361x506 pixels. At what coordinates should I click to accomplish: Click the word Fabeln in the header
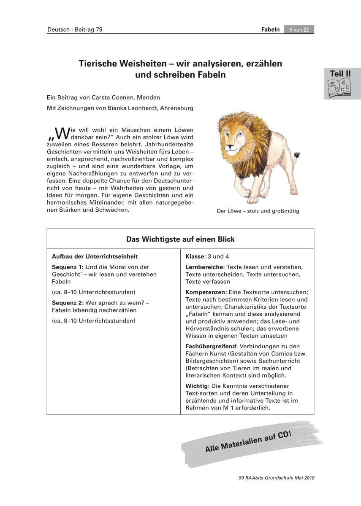click(271, 30)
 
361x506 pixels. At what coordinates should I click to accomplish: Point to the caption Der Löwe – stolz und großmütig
click(258, 211)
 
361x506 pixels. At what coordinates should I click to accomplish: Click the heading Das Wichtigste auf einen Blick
click(180, 239)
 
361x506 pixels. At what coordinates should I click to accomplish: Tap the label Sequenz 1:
click(68, 267)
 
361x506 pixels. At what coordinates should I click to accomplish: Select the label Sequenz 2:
click(68, 302)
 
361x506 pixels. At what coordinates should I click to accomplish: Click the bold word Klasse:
click(195, 256)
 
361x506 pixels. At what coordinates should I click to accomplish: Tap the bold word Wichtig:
click(197, 386)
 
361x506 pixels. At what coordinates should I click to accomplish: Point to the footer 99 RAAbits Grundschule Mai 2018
click(277, 478)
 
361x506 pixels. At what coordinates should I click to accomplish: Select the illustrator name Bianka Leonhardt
click(128, 108)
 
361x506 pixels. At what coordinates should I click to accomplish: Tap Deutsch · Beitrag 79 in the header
click(75, 30)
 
